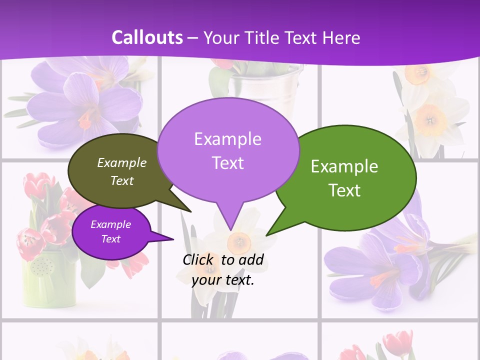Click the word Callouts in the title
click(x=147, y=37)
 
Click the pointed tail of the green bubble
click(x=267, y=234)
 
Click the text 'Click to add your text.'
click(x=223, y=269)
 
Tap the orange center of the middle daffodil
click(x=238, y=242)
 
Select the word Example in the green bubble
click(x=344, y=166)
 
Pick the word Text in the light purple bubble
click(x=227, y=163)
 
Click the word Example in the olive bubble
click(x=122, y=162)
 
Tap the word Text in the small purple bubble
click(x=111, y=239)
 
